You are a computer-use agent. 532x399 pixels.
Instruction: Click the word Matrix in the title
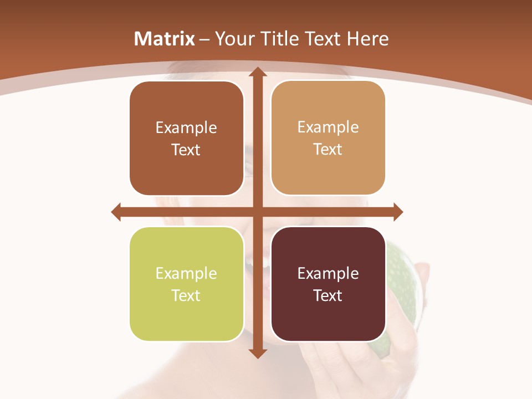pos(165,39)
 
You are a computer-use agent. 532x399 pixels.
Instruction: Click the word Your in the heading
pos(234,39)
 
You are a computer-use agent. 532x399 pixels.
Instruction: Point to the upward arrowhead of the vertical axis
pos(257,72)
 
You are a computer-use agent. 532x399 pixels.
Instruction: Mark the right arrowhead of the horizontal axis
pos(397,212)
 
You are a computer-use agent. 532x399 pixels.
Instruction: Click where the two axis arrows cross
pos(257,212)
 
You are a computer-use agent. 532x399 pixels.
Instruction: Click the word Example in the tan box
pos(328,127)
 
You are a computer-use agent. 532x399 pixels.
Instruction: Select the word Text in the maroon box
pos(328,295)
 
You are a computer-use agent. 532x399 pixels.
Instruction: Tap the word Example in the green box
pos(186,273)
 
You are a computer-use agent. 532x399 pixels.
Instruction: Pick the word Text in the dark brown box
pos(186,150)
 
